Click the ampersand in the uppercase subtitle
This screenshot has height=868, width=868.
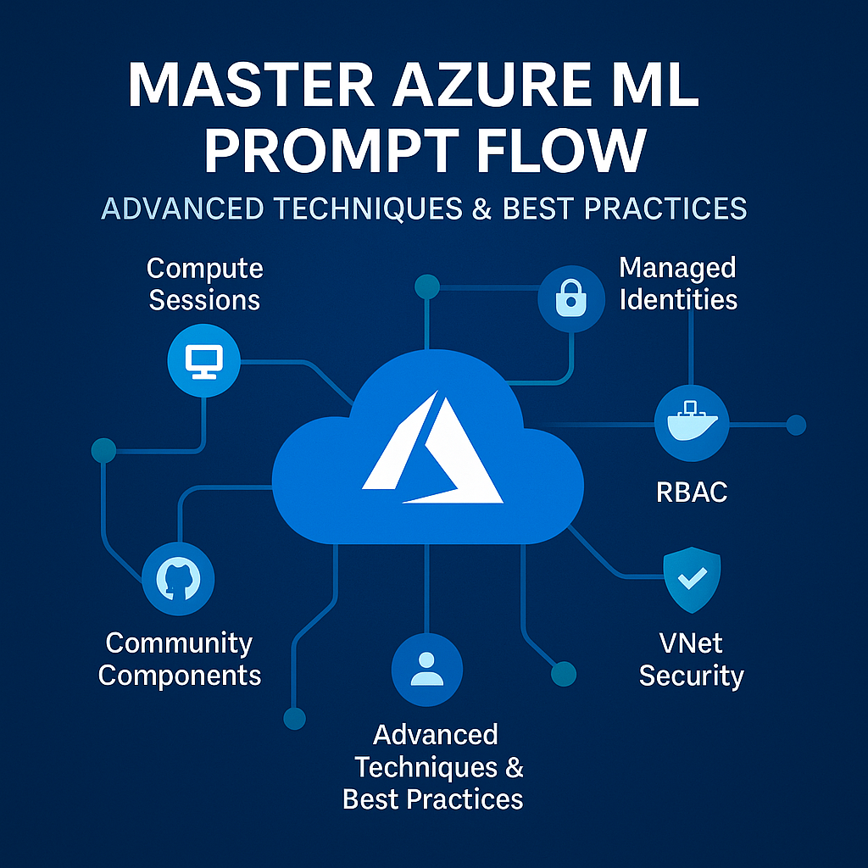click(481, 208)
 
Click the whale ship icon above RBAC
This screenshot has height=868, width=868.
click(691, 424)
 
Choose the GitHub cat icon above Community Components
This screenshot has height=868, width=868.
click(178, 579)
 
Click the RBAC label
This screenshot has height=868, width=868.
click(692, 492)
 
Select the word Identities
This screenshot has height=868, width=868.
click(678, 299)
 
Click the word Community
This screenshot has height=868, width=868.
click(179, 643)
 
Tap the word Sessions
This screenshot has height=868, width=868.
click(204, 300)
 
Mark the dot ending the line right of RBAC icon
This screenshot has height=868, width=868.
click(796, 425)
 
